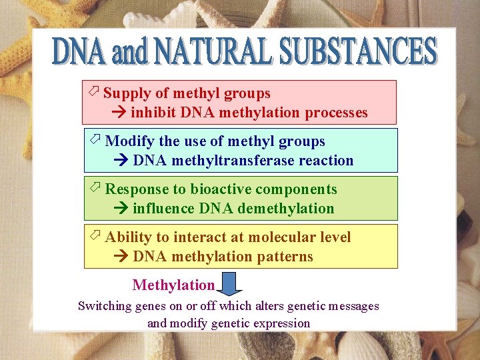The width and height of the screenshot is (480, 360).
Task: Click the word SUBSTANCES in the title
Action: click(x=358, y=52)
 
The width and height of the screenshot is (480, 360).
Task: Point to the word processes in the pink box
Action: click(x=336, y=113)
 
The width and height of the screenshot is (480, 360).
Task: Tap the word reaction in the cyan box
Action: click(x=327, y=161)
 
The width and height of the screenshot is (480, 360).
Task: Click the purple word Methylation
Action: click(x=173, y=285)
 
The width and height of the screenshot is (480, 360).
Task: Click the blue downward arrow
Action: click(x=230, y=286)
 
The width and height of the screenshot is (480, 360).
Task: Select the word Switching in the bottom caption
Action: click(x=105, y=306)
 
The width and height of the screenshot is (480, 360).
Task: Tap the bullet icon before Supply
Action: click(x=94, y=92)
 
